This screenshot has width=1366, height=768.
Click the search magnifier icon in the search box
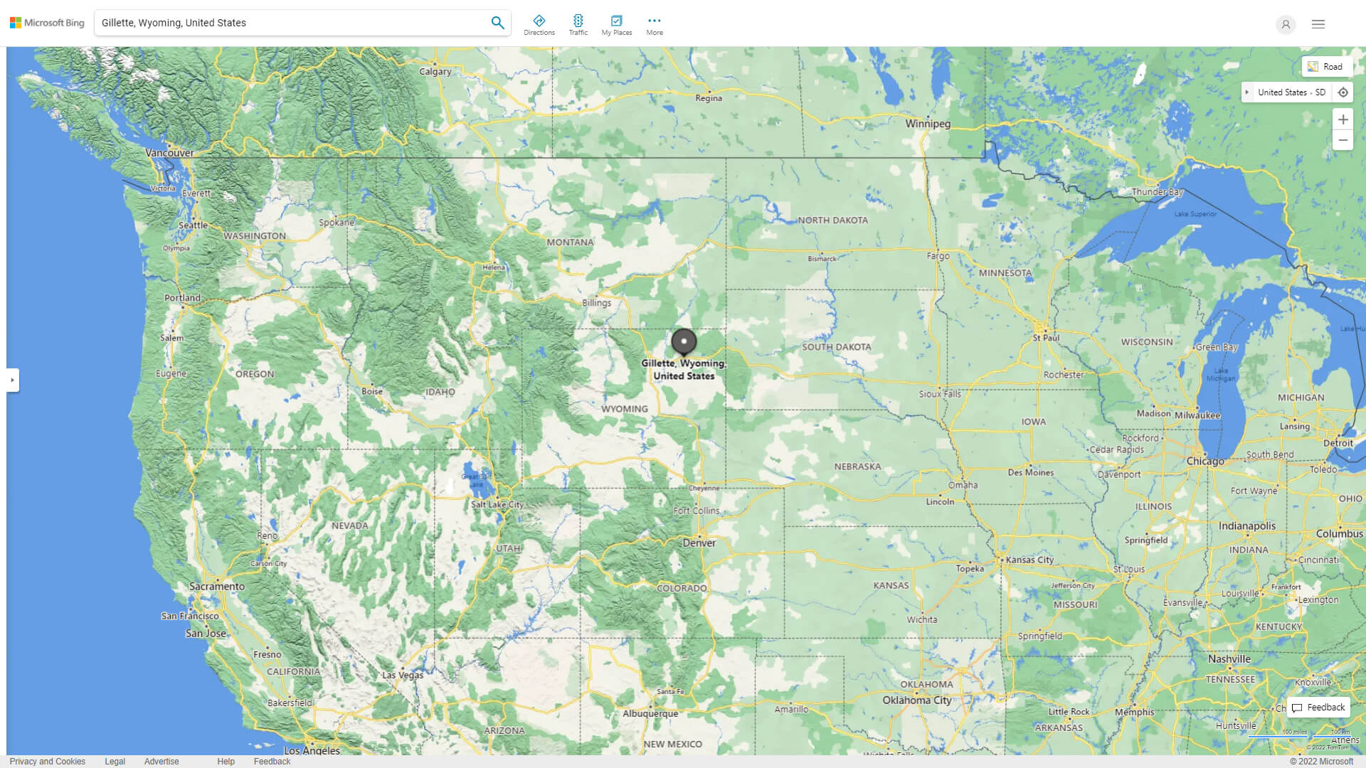497,23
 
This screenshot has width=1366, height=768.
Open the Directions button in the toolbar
539,25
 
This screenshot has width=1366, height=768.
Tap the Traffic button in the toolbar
578,25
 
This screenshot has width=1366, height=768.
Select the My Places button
616,25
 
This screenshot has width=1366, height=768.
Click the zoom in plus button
1343,119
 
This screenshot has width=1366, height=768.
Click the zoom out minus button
1343,140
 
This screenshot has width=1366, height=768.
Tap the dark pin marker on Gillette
684,342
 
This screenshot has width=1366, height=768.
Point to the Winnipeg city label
927,124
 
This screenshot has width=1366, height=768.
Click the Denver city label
699,543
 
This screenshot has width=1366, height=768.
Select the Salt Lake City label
497,505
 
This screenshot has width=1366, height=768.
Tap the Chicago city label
1205,462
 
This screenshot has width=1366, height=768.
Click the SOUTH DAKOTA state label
836,347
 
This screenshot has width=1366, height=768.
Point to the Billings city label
596,303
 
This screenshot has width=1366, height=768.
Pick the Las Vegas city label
403,676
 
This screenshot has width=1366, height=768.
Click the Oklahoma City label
916,700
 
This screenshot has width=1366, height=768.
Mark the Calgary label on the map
435,72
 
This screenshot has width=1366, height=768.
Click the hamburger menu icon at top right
1318,24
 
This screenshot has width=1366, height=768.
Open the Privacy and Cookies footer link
47,762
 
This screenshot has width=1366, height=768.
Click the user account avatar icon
1285,24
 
